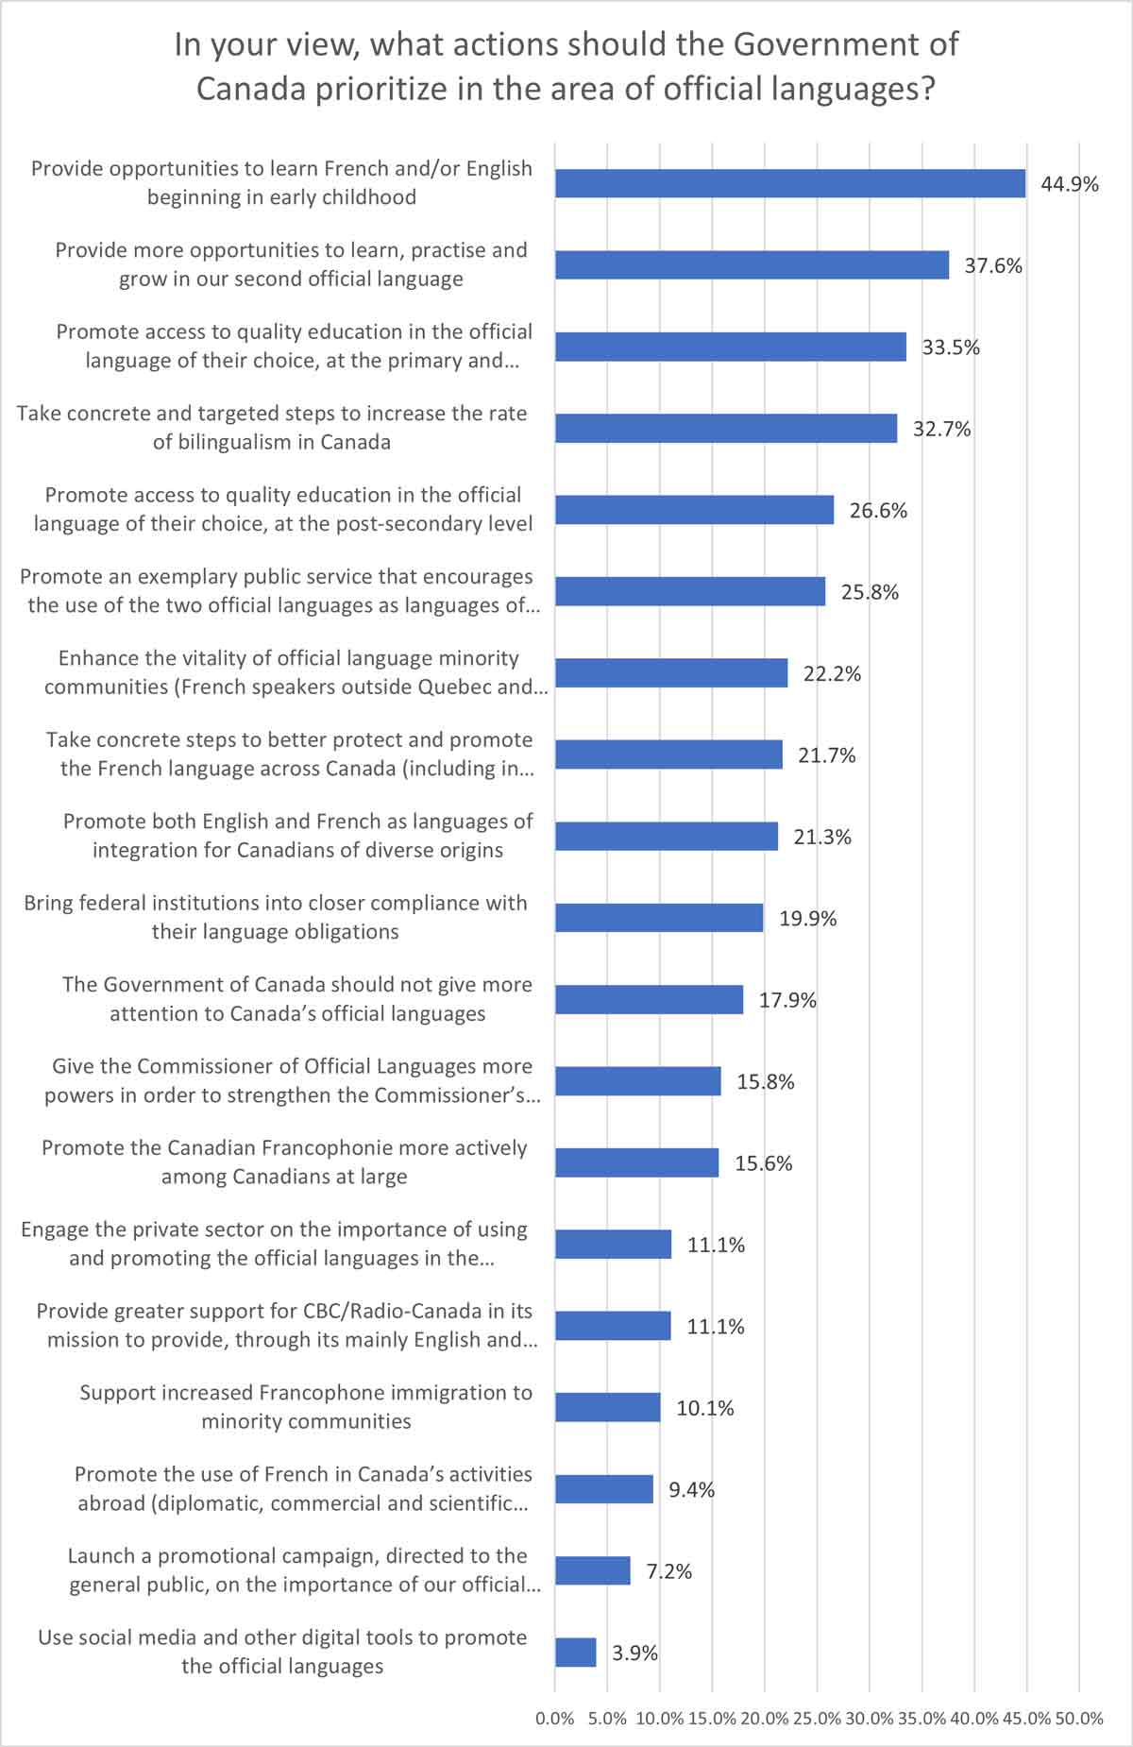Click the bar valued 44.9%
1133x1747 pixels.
789,183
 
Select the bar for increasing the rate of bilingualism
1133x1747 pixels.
725,429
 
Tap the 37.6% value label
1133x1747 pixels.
993,266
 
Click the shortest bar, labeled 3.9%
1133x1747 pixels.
575,1653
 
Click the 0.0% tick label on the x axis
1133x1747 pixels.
555,1718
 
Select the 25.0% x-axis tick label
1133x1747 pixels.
817,1718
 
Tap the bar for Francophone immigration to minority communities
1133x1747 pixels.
607,1407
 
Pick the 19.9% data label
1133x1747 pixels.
807,919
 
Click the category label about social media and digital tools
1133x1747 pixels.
282,1652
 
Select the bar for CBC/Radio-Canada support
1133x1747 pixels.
613,1326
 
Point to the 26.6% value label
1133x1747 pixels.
878,511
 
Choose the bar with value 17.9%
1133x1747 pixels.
649,999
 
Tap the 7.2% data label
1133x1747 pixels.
668,1571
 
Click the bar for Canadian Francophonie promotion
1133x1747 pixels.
636,1162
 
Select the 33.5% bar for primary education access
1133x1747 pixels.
730,347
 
